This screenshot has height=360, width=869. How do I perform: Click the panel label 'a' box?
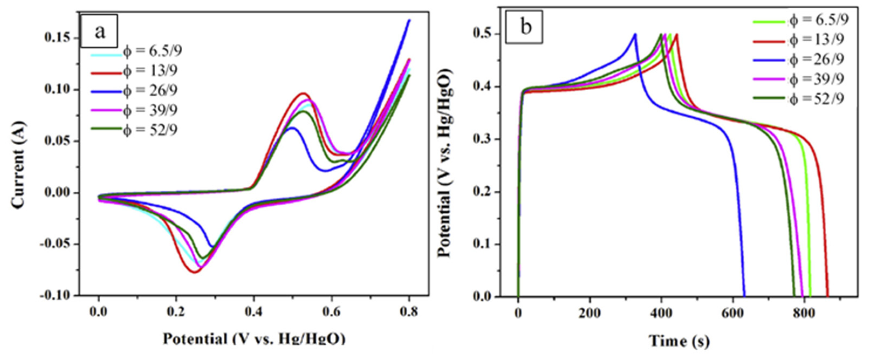tap(99, 31)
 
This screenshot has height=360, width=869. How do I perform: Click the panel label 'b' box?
tap(524, 27)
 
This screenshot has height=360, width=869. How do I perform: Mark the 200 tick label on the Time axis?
tap(589, 313)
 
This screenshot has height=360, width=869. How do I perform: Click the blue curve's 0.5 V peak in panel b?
tap(635, 34)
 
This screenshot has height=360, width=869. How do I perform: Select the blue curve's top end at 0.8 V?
tap(409, 20)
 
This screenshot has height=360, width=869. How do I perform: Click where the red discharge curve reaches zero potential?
tap(827, 296)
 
